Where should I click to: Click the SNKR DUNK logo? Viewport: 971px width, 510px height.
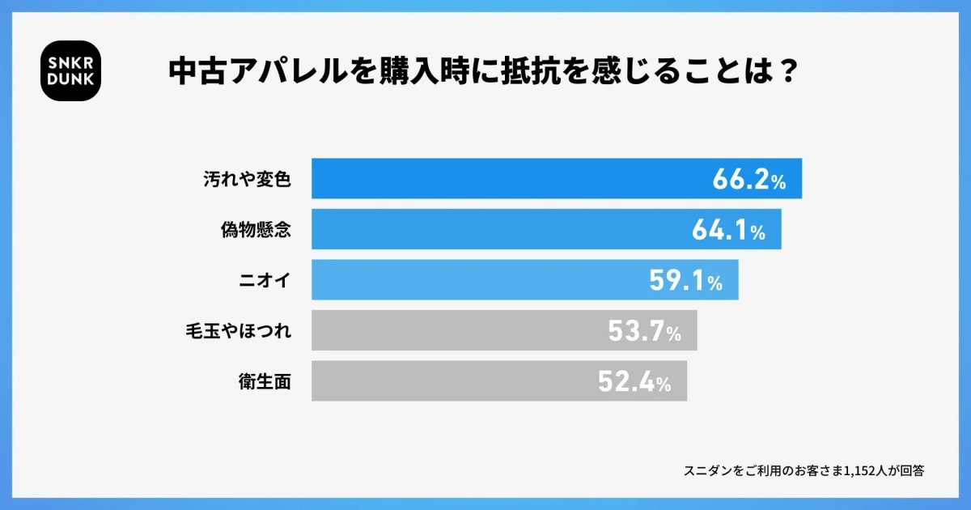70,70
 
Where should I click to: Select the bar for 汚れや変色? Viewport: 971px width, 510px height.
502,178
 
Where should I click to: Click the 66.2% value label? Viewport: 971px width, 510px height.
748,180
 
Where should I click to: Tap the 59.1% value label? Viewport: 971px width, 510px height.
685,281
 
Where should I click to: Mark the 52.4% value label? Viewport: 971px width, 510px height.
634,382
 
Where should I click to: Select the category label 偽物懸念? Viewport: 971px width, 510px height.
255,230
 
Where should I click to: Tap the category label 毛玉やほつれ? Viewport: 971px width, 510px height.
238,331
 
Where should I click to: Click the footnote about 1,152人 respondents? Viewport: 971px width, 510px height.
804,470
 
